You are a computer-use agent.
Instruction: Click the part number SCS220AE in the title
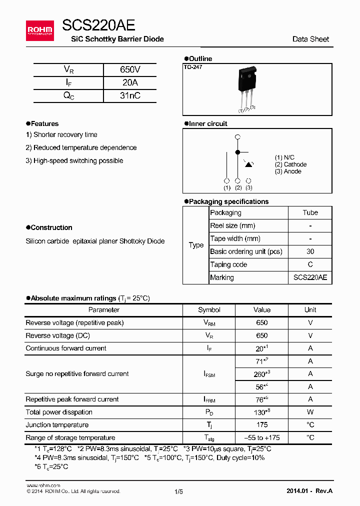tap(98, 25)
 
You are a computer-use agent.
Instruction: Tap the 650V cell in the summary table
tap(130, 69)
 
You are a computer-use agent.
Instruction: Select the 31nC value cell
tap(130, 95)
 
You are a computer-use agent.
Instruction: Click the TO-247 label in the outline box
tap(192, 67)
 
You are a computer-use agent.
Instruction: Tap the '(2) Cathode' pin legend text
tap(290, 164)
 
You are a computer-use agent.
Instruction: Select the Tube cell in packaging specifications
tap(310, 212)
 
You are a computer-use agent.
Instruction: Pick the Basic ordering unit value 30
tap(310, 251)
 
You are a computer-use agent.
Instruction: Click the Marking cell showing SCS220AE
tap(310, 277)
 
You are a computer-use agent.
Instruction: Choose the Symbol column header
tap(209, 310)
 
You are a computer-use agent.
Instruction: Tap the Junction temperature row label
tap(57, 425)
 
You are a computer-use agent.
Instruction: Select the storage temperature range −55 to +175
tap(261, 438)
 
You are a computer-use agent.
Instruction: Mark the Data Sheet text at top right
tap(310, 39)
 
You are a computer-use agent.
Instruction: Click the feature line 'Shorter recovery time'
tap(61, 134)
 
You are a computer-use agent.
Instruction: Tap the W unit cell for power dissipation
tap(310, 412)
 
